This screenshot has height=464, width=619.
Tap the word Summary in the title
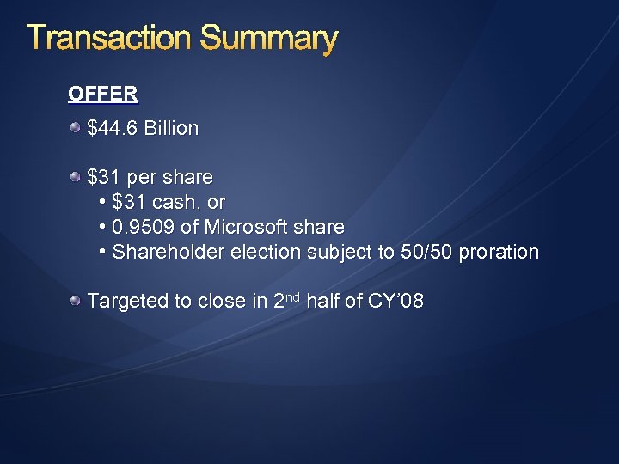(268, 40)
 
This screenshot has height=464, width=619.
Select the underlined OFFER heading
(102, 93)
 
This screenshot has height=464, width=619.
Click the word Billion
(171, 129)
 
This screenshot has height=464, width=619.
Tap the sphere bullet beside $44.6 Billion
(77, 128)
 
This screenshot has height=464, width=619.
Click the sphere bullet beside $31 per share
(77, 177)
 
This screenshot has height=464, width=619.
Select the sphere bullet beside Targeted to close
(77, 301)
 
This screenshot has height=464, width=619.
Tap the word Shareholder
(166, 253)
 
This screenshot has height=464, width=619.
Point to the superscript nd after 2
(292, 296)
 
